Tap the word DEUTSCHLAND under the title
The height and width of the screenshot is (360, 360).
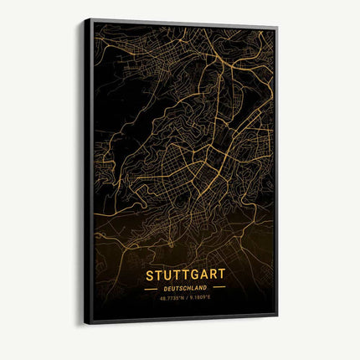click(x=185, y=287)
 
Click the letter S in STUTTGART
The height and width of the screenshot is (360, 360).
click(x=150, y=274)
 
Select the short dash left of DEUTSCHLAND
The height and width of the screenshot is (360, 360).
click(x=151, y=287)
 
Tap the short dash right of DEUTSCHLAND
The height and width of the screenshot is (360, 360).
click(x=219, y=287)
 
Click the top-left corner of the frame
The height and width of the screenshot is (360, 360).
click(x=85, y=18)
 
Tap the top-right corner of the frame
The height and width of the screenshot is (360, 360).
click(x=277, y=28)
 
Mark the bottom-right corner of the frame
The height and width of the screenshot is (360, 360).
click(x=277, y=316)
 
